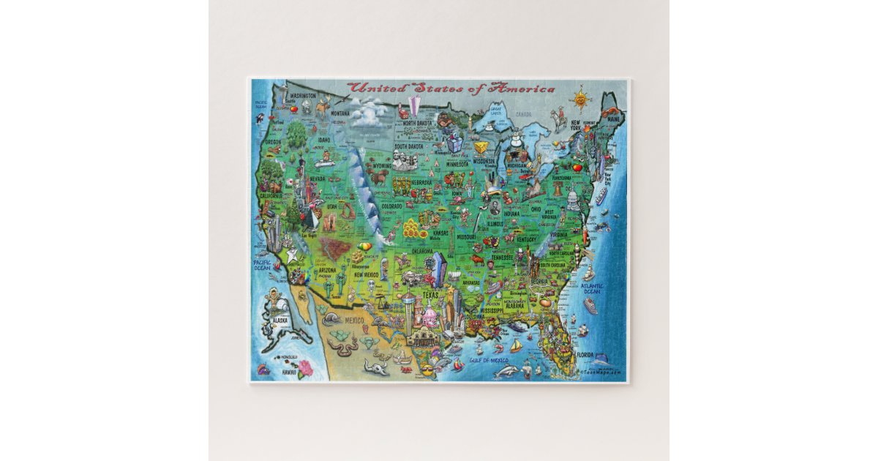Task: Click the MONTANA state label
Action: point(339,113)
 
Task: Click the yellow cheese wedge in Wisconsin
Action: point(481,147)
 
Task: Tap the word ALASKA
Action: point(281,320)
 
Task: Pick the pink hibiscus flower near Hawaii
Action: point(304,368)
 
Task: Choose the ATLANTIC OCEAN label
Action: point(592,289)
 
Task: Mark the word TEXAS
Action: point(429,296)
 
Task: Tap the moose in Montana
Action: point(323,108)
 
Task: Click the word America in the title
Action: point(523,89)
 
